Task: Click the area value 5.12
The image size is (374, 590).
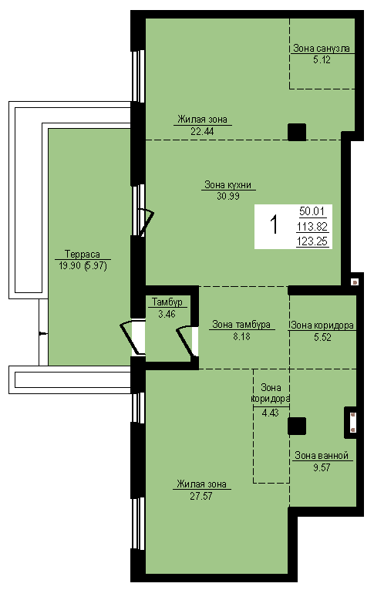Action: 322,59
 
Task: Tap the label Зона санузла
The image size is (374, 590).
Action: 322,48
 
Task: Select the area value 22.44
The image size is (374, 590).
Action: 203,131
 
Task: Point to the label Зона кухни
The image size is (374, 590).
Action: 228,185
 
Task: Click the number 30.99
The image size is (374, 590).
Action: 228,196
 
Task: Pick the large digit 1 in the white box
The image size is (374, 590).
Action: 275,224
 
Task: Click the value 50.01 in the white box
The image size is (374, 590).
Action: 312,211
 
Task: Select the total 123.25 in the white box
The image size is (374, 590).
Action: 312,241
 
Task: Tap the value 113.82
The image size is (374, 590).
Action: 312,227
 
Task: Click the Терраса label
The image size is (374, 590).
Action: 83,254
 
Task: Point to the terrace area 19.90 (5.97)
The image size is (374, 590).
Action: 83,266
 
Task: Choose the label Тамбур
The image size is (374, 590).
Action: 167,302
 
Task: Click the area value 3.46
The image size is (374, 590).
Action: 167,313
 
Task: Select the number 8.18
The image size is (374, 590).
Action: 241,336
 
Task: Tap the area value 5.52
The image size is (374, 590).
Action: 323,337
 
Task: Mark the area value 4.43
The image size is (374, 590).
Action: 271,413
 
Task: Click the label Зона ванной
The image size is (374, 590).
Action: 322,456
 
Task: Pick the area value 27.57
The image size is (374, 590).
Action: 201,496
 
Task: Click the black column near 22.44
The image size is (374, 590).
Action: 297,132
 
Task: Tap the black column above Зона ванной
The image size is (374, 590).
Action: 297,426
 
